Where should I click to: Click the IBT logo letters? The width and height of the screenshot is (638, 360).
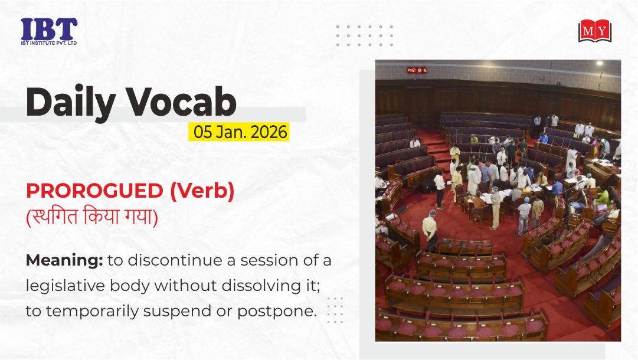[49, 29]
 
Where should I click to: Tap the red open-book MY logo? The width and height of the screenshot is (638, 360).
[595, 31]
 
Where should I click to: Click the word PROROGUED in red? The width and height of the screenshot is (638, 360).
[94, 191]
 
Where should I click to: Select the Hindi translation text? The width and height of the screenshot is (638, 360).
[92, 216]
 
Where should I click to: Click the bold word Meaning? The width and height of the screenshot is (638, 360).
[64, 261]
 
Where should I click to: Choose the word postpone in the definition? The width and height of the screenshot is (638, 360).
[277, 312]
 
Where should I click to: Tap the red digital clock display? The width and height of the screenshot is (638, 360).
[417, 70]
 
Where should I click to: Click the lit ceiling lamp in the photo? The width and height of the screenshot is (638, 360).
[600, 64]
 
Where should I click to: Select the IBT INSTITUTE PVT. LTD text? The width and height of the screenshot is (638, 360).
[49, 43]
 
